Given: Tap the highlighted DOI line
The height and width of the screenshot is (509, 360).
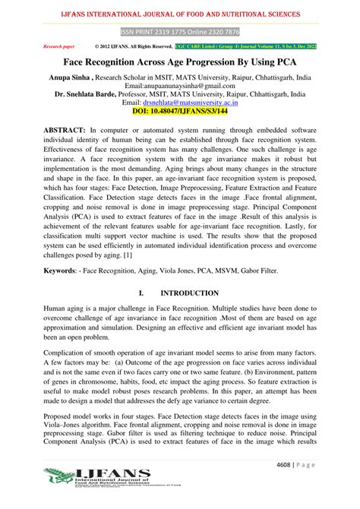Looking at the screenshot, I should [180, 111].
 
